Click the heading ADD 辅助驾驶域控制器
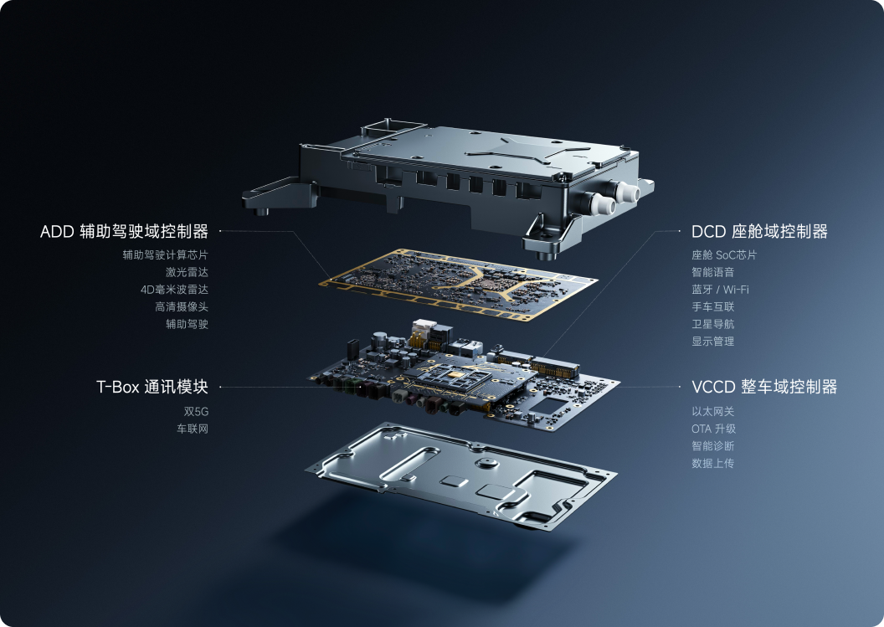point(124,231)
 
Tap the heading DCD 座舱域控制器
point(759,231)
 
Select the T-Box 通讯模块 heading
point(152,387)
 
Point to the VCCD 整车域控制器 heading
point(764,387)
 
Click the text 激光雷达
point(187,272)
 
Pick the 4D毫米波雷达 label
point(174,290)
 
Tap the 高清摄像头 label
point(182,306)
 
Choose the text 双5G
point(196,412)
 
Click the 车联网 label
point(193,429)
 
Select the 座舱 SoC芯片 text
point(724,254)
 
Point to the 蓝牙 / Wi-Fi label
point(720,290)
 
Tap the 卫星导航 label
point(712,324)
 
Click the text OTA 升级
point(713,429)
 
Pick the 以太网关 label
point(712,412)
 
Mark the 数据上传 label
point(712,463)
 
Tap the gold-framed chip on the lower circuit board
point(455,374)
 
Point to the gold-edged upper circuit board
point(464,284)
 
